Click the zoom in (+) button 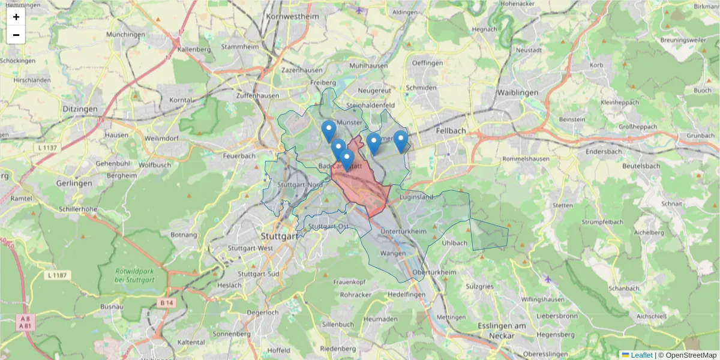(x=16, y=17)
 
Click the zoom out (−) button (x=16, y=35)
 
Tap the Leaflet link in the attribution (x=641, y=355)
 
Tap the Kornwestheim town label (x=294, y=16)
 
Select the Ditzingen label (x=79, y=109)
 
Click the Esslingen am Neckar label (x=490, y=330)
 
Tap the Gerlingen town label (x=74, y=183)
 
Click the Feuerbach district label (x=239, y=155)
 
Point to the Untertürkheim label (x=403, y=232)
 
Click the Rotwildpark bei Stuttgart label (x=135, y=275)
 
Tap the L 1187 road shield (x=58, y=275)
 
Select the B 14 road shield (x=166, y=304)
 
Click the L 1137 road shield (x=49, y=148)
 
